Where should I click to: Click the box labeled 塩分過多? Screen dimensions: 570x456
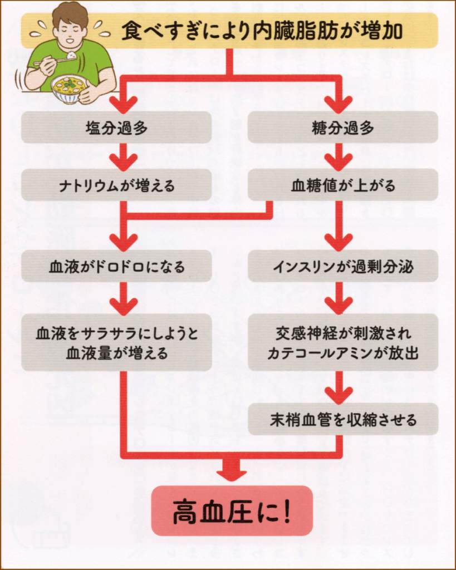[x=116, y=127]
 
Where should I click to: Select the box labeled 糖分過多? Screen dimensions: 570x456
[x=342, y=127]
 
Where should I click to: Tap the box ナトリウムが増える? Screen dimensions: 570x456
[x=116, y=185]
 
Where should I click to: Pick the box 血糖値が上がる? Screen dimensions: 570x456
[x=342, y=185]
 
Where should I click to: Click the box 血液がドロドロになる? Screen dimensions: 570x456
[x=116, y=266]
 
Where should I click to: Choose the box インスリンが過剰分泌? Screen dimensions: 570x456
[x=342, y=266]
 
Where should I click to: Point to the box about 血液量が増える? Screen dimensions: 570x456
[x=116, y=343]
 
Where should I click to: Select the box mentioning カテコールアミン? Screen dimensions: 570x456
[x=342, y=343]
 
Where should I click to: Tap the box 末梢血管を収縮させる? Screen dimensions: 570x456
[x=342, y=419]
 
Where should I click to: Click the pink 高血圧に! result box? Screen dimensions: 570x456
[x=232, y=511]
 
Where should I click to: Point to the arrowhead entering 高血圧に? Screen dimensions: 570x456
[x=231, y=472]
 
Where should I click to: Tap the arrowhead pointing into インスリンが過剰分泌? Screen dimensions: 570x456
[x=339, y=240]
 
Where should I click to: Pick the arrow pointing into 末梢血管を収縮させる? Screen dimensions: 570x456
[x=339, y=392]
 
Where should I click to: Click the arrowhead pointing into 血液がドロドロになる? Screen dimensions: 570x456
[x=123, y=240]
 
